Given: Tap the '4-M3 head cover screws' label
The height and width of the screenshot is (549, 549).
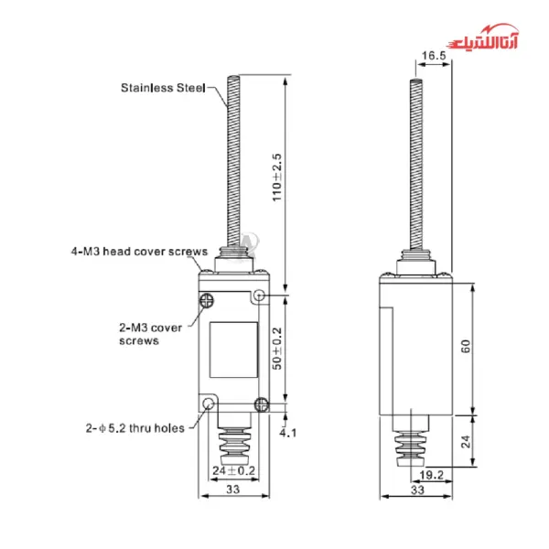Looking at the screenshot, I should coord(140,250).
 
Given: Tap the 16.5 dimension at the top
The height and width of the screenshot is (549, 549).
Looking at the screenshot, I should coord(434,56).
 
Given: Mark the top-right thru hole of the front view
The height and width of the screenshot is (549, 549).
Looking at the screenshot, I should coord(260,296).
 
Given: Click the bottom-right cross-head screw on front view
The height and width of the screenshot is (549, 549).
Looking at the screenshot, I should coord(262,405).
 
